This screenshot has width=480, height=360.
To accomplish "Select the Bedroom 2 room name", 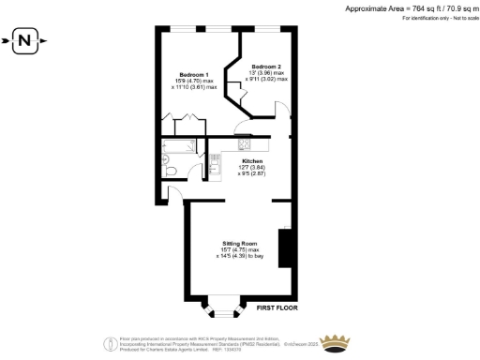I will (264, 66).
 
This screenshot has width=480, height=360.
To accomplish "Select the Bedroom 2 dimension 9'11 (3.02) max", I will (268, 79).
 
